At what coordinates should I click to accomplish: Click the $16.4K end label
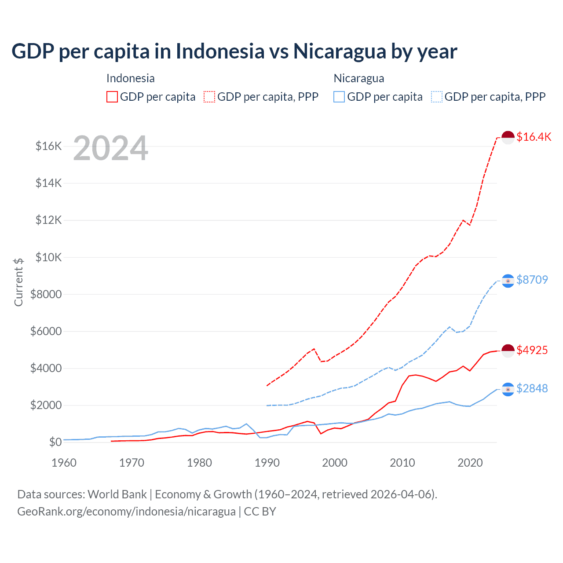coord(534,137)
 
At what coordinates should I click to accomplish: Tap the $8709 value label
coord(532,280)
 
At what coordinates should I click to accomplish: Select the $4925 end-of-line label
coord(532,350)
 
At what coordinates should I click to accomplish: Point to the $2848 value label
coord(532,388)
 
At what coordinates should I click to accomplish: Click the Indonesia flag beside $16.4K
coord(508,137)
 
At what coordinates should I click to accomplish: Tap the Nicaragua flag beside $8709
coord(508,281)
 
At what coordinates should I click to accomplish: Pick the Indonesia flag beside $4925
coord(508,351)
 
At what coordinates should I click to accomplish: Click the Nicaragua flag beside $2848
coord(508,389)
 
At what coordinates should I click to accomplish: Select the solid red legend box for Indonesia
coord(112,97)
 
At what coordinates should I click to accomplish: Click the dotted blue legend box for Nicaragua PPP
coord(437,97)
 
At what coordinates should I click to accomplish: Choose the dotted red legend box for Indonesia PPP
coord(210,97)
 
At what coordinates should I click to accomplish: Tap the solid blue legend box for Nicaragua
coord(339,97)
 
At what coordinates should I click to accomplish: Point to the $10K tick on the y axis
coord(48,257)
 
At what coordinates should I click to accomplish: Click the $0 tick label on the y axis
coord(55,442)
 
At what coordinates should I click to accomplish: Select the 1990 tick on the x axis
coord(267,463)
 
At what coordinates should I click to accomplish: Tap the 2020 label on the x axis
coord(470,463)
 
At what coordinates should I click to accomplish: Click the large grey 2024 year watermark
coord(110,149)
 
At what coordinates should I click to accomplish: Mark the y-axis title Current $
coord(18,282)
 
